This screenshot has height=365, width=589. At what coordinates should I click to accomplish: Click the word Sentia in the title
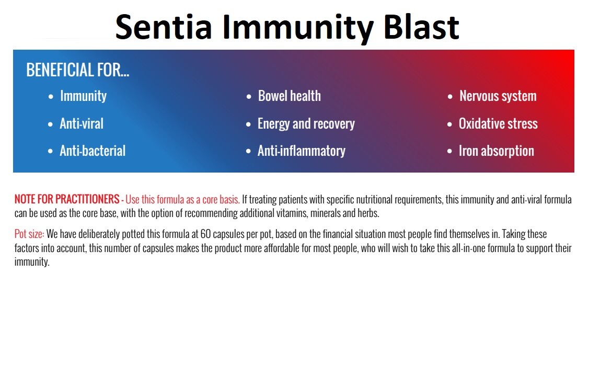[x=164, y=27]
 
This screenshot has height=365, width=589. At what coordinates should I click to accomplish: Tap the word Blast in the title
[x=421, y=27]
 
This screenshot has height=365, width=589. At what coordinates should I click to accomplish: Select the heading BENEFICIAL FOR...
[x=78, y=70]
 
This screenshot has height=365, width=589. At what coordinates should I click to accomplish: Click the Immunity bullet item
[x=84, y=96]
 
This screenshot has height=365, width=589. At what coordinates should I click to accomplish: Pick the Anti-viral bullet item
[x=82, y=124]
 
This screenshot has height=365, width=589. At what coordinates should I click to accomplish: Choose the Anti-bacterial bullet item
[x=93, y=151]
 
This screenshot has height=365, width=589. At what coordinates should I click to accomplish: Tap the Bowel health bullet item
[x=289, y=96]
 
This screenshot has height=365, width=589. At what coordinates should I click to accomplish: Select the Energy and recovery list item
[x=306, y=124]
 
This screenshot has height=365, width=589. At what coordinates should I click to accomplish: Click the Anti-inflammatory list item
[x=301, y=151]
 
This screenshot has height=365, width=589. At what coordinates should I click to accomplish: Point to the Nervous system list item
[x=498, y=96]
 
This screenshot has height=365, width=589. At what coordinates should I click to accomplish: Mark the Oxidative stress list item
[x=498, y=124]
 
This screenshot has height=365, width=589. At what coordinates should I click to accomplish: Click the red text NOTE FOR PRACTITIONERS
[x=67, y=199]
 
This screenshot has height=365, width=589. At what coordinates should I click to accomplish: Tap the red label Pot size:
[x=29, y=234]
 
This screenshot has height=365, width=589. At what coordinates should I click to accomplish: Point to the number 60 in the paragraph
[x=205, y=234]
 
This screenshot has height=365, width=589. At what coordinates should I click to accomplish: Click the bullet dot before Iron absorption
[x=449, y=152]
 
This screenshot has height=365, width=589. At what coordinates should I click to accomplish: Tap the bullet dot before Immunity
[x=51, y=97]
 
